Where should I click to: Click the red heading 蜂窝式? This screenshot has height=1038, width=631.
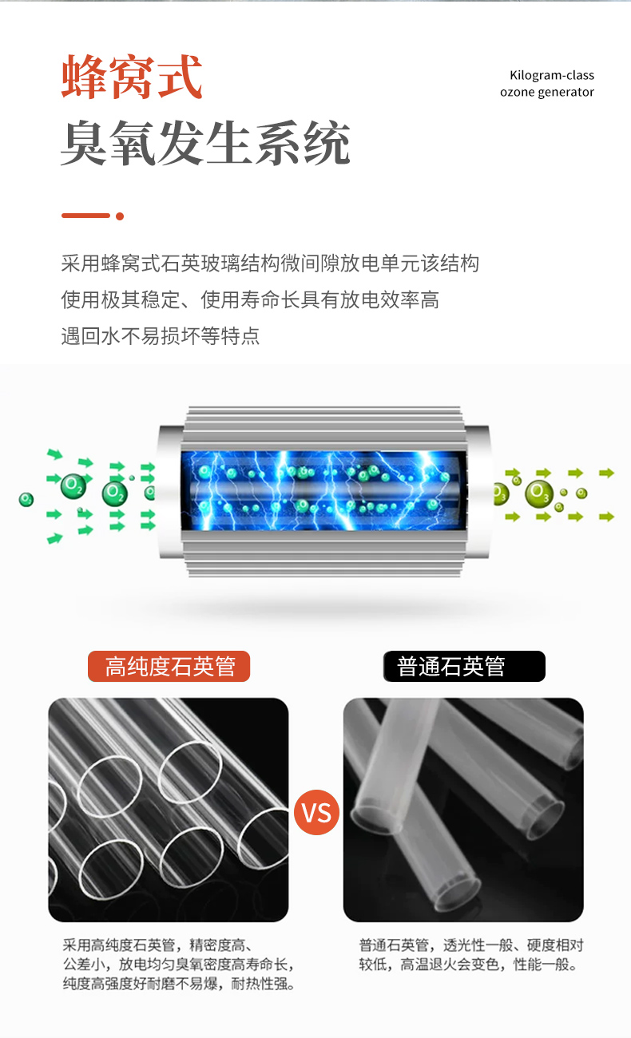pos(132,77)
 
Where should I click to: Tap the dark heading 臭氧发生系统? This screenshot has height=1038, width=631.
pos(205,143)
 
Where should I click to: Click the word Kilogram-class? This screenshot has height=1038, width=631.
pos(552,75)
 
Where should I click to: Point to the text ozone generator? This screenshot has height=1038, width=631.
pos(546,92)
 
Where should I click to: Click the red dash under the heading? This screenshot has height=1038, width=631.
pos(85,216)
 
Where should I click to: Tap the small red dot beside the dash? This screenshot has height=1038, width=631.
pos(120,216)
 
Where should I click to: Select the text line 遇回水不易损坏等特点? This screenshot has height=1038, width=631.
pos(161,336)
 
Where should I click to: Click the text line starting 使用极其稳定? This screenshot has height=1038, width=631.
pos(250,299)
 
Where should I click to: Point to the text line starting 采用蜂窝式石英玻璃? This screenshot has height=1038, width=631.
pos(270,263)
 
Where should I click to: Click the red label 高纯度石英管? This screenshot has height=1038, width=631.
pos(169,667)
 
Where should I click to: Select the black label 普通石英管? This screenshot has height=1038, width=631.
pos(464,667)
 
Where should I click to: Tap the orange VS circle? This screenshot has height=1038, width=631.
pos(316,812)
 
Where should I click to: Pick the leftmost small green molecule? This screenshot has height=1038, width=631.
pos(26,500)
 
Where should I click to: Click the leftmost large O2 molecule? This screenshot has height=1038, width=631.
pos(73,486)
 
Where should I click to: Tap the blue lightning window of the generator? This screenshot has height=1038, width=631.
pos(323,490)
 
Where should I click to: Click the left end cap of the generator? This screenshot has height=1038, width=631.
pos(170,491)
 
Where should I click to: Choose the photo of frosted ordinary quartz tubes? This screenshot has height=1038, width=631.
pos(463,810)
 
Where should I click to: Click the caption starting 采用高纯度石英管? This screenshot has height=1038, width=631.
pos(179,965)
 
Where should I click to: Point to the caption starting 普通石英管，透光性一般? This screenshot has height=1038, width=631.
pos(471,955)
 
